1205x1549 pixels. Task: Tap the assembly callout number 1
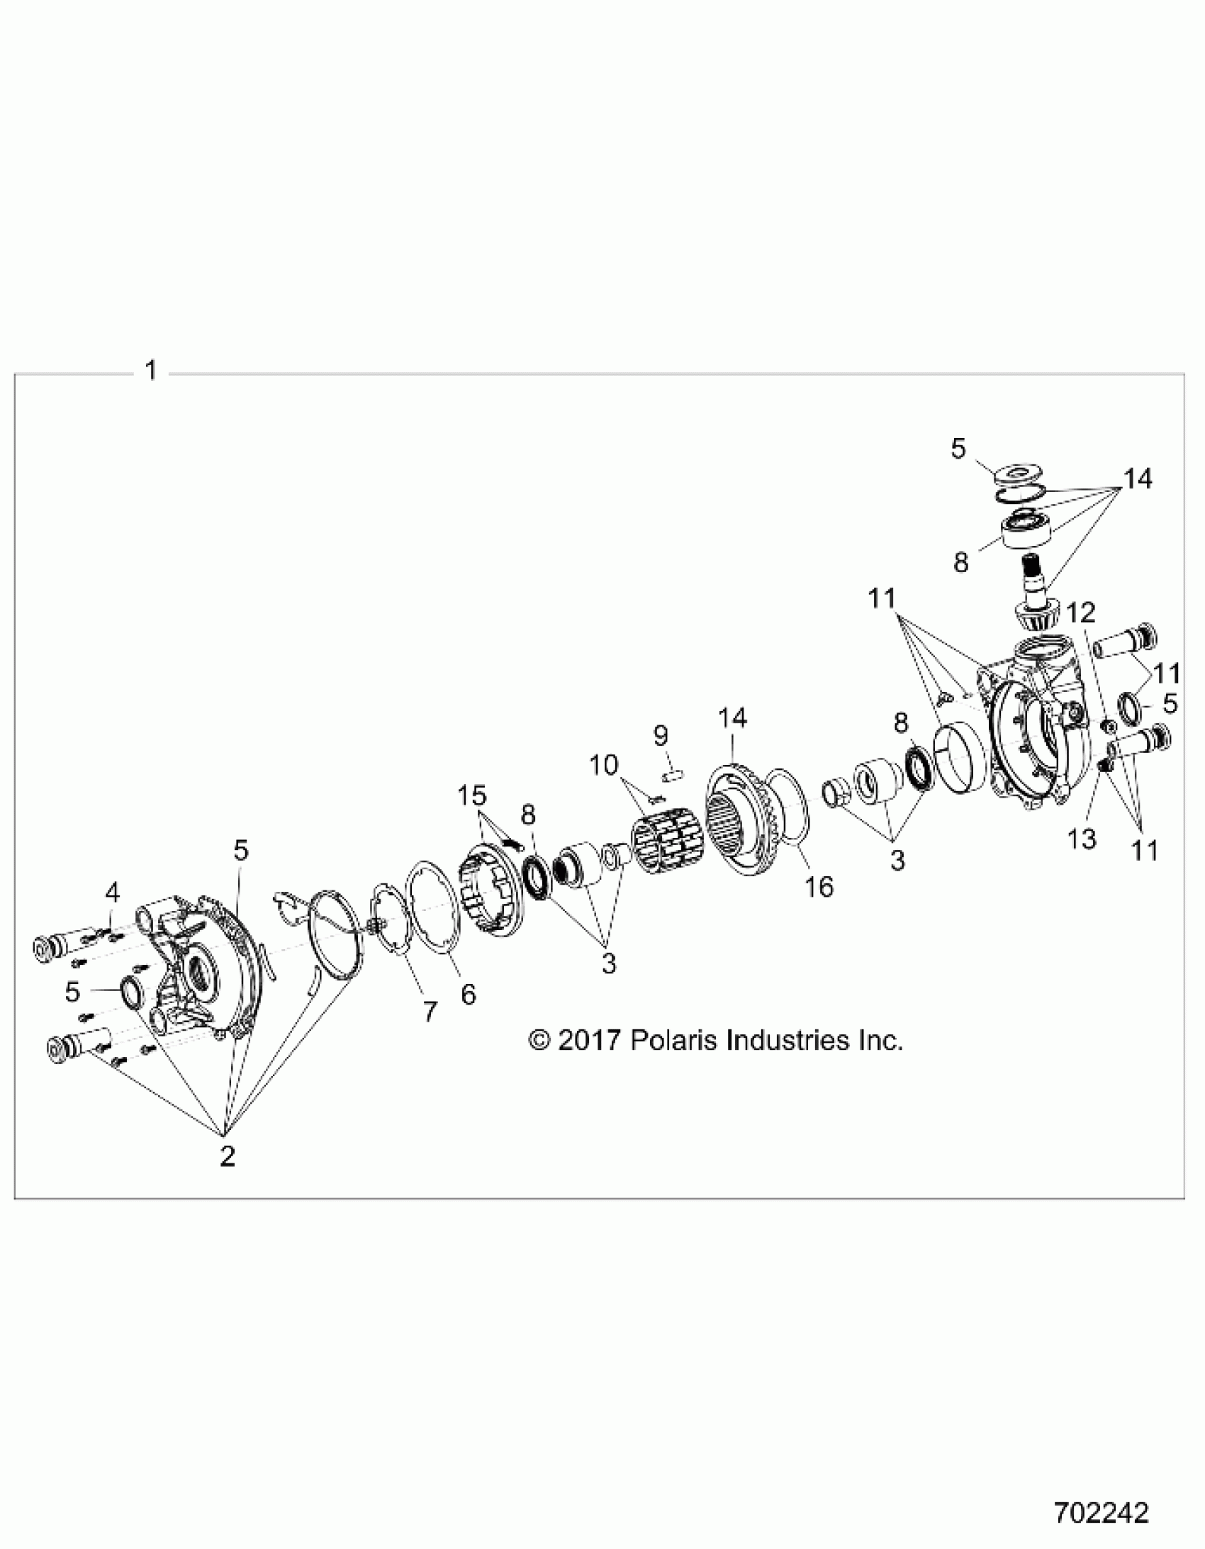[150, 371]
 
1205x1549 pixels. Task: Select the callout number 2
[227, 1157]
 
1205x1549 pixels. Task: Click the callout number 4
[113, 895]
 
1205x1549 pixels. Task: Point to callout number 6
[468, 995]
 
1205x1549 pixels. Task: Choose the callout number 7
[430, 1012]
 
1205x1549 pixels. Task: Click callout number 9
[661, 735]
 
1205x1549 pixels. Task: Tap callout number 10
[604, 765]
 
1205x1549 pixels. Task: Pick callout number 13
[1082, 839]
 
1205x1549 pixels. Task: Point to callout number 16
[819, 887]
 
